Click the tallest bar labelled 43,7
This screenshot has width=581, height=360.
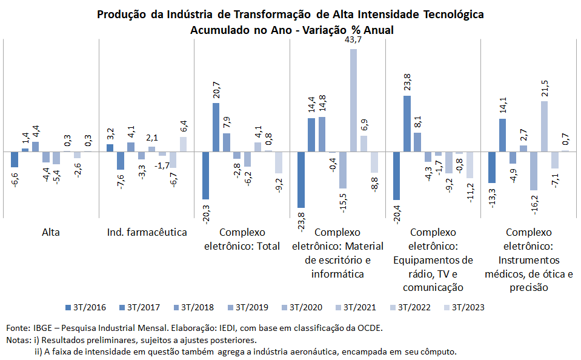(353, 100)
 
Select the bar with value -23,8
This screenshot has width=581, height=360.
(301, 179)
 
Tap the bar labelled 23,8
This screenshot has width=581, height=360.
(407, 124)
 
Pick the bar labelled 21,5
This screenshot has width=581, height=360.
(545, 126)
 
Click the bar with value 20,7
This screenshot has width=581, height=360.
(216, 127)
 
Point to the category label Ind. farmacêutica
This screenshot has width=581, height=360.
(147, 232)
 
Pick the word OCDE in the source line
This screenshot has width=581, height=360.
(370, 328)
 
